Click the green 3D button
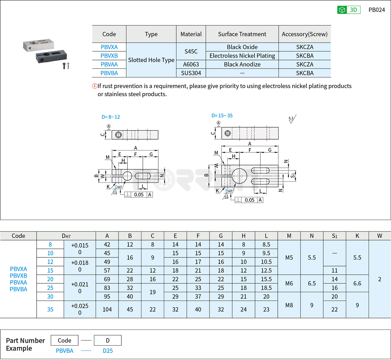point(349,10)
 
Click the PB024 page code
point(376,10)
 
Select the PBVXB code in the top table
point(109,56)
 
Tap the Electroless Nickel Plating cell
point(242,56)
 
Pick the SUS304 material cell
point(191,73)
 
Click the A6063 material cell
point(191,64)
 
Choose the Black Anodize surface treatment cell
point(242,64)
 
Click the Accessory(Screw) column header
point(305,34)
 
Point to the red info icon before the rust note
point(94,86)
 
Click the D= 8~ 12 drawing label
point(111,117)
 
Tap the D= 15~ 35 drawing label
point(222,116)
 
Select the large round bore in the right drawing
point(240,175)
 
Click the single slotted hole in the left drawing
point(143,176)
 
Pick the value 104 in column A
point(107,309)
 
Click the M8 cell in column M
point(289,305)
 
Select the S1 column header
point(334,236)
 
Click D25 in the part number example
point(107,351)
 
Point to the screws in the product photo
point(66,65)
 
